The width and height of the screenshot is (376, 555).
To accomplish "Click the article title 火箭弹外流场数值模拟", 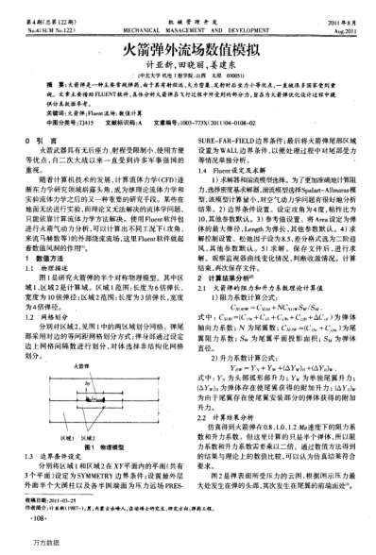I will [187, 45].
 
